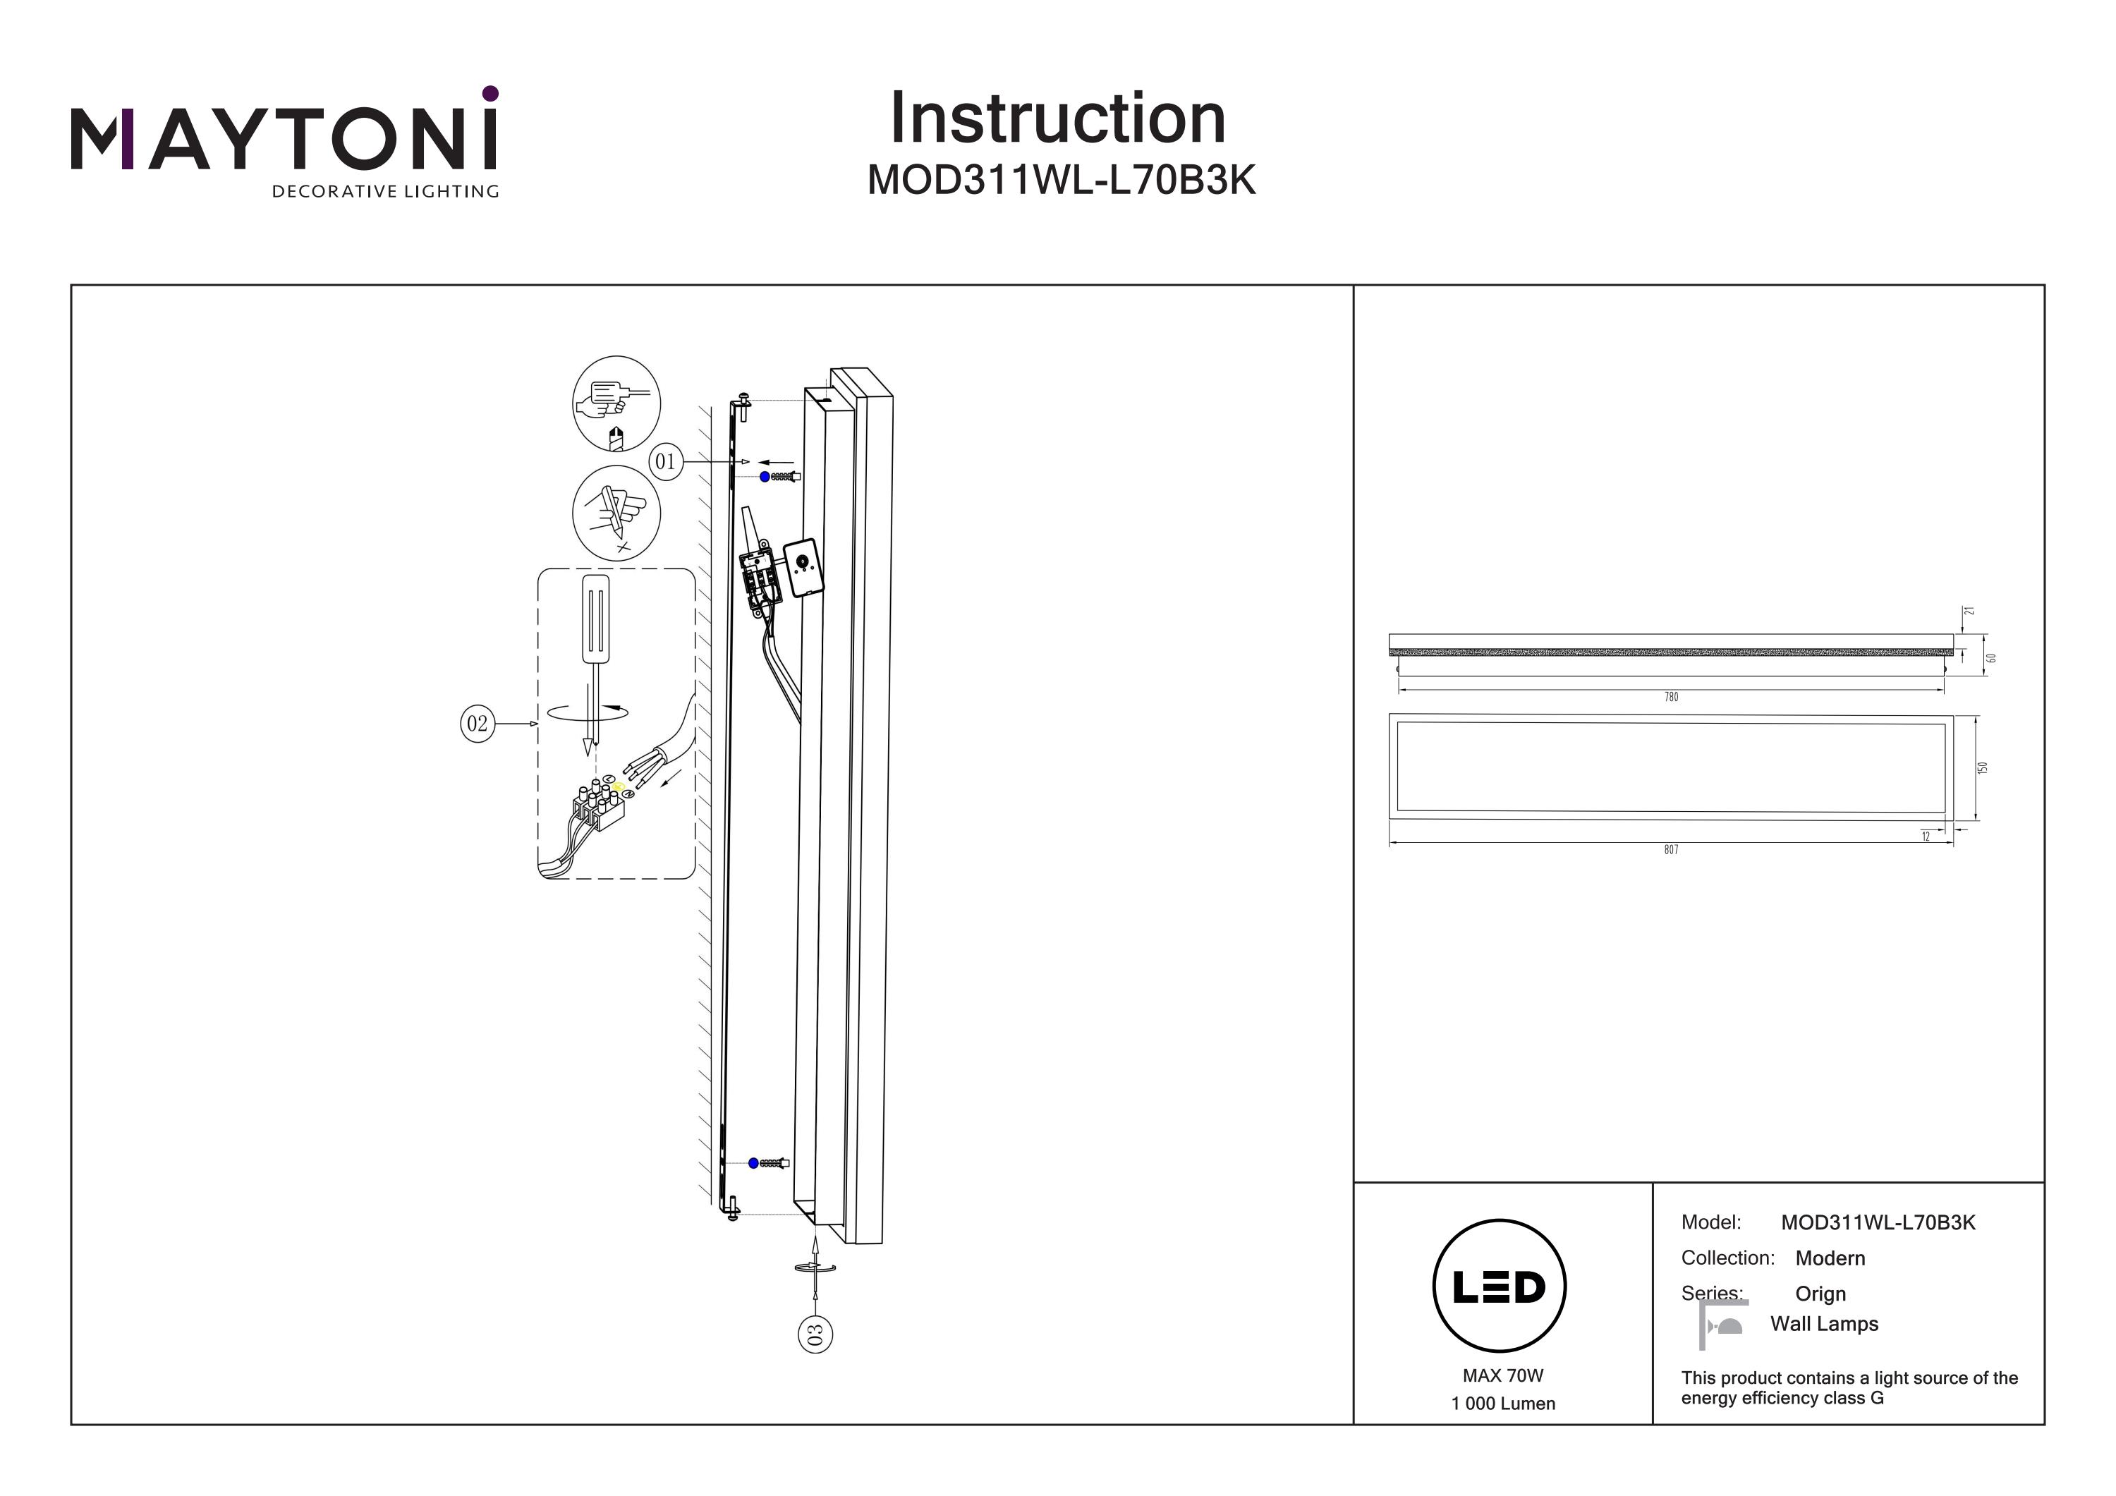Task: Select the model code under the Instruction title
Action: (1061, 181)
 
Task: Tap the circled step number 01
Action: (665, 461)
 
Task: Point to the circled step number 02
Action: (478, 724)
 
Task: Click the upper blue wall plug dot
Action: (764, 477)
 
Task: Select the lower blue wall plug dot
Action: (754, 1163)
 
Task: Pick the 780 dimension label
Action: (1671, 697)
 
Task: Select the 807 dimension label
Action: (1671, 850)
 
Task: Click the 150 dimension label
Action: (1983, 767)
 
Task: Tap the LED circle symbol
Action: (1500, 1287)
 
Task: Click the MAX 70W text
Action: (1502, 1376)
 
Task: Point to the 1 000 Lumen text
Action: (1502, 1404)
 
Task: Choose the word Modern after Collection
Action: (1830, 1258)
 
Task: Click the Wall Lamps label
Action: (1824, 1324)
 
